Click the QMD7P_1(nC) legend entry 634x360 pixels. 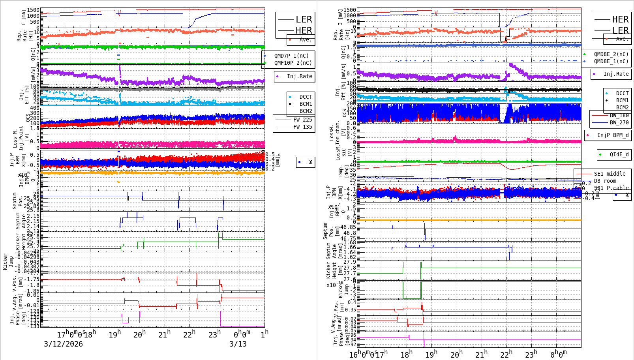tap(291, 56)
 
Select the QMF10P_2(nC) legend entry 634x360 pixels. tap(293, 63)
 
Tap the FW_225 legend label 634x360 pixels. tap(302, 120)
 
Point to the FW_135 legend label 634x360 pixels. tap(302, 127)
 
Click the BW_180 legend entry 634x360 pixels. tap(619, 115)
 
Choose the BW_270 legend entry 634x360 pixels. tap(619, 122)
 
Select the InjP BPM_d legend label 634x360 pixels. tap(613, 135)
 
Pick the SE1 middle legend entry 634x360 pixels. tap(610, 174)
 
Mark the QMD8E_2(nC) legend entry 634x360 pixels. tap(611, 54)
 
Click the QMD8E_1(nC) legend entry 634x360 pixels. tap(611, 61)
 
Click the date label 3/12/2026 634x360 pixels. tap(63, 344)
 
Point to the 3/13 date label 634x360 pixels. tap(238, 344)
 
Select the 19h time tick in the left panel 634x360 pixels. tap(114, 334)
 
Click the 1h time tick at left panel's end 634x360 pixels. tap(264, 334)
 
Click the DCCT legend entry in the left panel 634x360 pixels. tap(306, 97)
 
